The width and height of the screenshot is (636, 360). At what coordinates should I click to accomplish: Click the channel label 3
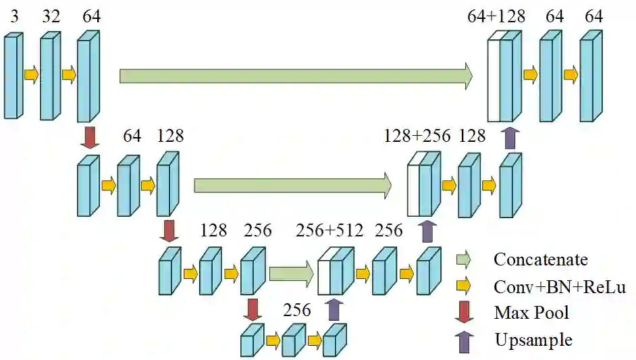[x=14, y=17]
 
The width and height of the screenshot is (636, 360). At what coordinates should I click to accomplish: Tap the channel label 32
[x=51, y=17]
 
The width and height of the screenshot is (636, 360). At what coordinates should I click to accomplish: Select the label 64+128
[x=496, y=17]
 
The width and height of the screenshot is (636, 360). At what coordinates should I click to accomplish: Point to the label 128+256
[x=417, y=136]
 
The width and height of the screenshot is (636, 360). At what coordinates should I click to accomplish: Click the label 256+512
[x=329, y=231]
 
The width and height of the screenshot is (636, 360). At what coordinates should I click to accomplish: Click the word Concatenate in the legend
[x=540, y=259]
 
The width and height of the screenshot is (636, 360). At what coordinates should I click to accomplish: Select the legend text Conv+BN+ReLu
[x=560, y=287]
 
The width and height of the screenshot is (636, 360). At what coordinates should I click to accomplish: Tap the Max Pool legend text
[x=531, y=313]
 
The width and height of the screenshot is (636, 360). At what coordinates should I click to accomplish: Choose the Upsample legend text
[x=533, y=340]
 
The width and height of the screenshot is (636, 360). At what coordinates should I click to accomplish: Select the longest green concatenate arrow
[x=296, y=76]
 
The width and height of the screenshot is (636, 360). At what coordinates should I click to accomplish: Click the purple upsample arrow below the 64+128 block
[x=510, y=137]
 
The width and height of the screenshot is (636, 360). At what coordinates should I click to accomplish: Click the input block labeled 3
[x=12, y=76]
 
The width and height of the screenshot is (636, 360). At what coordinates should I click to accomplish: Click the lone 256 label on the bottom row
[x=297, y=310]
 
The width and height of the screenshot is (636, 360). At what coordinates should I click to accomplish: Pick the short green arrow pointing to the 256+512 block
[x=291, y=274]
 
